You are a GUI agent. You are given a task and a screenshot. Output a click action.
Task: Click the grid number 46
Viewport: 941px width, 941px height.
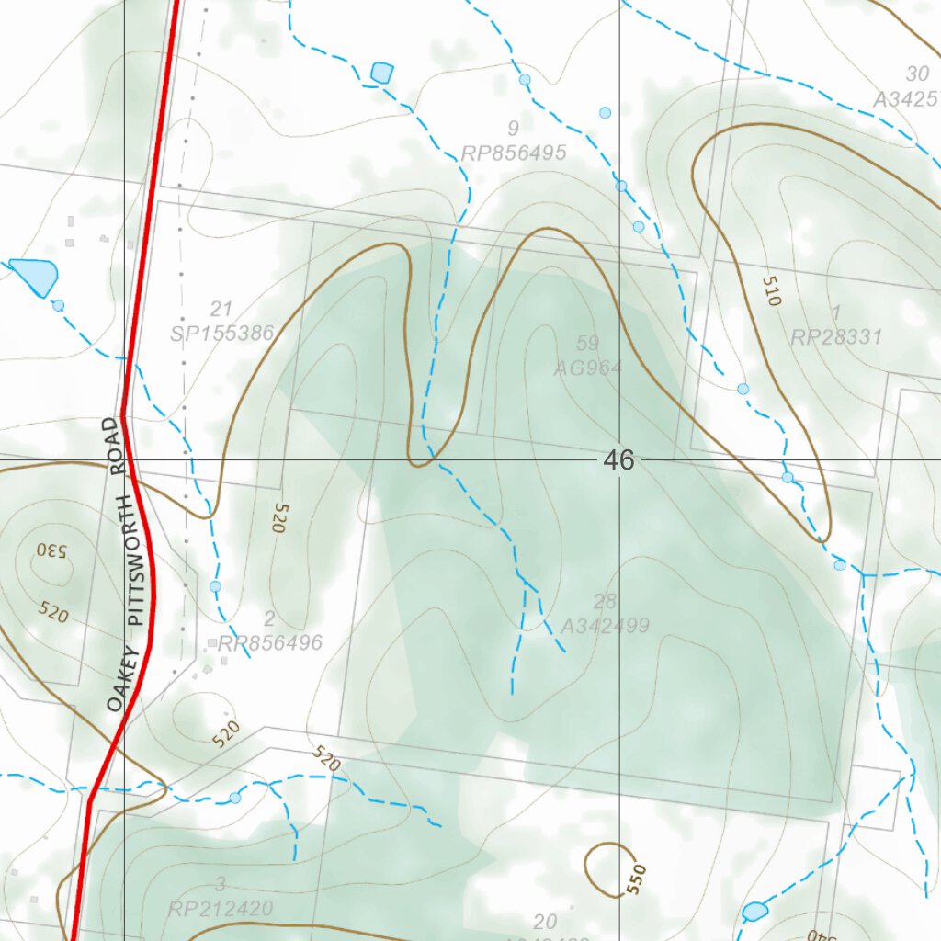[619, 460]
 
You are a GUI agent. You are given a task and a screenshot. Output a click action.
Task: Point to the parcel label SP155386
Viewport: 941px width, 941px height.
[222, 334]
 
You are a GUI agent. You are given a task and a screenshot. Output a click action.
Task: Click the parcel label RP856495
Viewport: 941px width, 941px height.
[514, 153]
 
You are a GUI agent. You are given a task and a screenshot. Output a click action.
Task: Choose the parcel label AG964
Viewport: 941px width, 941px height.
[588, 368]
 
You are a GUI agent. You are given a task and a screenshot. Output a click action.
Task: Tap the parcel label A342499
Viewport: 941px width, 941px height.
[605, 627]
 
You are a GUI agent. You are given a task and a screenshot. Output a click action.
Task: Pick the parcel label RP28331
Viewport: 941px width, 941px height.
[836, 337]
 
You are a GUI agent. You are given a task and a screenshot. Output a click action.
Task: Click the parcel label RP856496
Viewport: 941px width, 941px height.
[270, 643]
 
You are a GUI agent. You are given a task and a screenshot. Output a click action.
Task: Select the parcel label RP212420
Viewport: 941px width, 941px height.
[221, 909]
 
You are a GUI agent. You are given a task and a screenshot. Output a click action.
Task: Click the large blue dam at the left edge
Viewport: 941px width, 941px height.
[35, 275]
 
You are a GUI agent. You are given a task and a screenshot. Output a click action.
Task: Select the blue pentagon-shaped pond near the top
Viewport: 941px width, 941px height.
[382, 73]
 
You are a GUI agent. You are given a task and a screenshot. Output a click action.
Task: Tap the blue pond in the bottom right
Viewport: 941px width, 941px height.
[754, 912]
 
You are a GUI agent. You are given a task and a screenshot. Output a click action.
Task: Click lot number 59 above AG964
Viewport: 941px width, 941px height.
[587, 344]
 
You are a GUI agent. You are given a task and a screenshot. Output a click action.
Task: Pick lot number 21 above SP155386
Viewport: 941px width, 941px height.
[221, 309]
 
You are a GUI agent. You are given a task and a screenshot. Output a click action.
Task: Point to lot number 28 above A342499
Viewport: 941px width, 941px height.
[605, 602]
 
